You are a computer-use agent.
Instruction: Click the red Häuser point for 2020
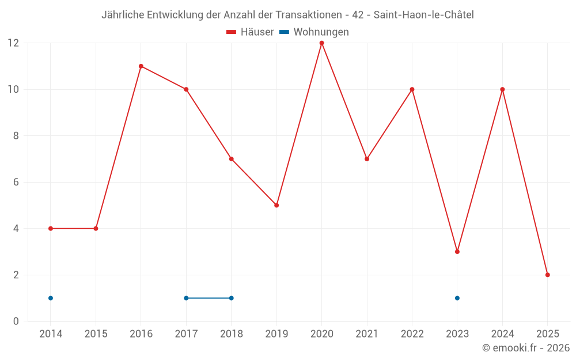(321, 43)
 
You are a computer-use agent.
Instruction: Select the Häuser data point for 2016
(141, 66)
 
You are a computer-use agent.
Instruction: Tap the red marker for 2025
(547, 275)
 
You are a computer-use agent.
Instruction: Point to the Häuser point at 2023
(457, 252)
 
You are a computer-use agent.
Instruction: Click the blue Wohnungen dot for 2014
(51, 298)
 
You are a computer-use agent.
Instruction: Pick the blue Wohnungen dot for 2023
(457, 298)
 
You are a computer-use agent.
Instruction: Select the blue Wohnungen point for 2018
(231, 298)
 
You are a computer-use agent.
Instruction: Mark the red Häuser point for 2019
(276, 205)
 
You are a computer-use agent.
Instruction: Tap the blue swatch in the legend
(284, 32)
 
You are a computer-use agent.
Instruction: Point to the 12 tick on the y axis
(13, 43)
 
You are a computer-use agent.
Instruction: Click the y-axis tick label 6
(16, 182)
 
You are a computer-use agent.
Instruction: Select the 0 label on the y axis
(16, 321)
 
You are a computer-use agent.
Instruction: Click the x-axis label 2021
(367, 334)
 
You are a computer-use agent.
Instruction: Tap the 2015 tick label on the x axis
(96, 334)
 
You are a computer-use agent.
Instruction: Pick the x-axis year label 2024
(502, 334)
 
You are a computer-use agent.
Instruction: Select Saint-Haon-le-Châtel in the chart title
(423, 15)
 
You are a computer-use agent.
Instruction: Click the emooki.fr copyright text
(526, 348)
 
